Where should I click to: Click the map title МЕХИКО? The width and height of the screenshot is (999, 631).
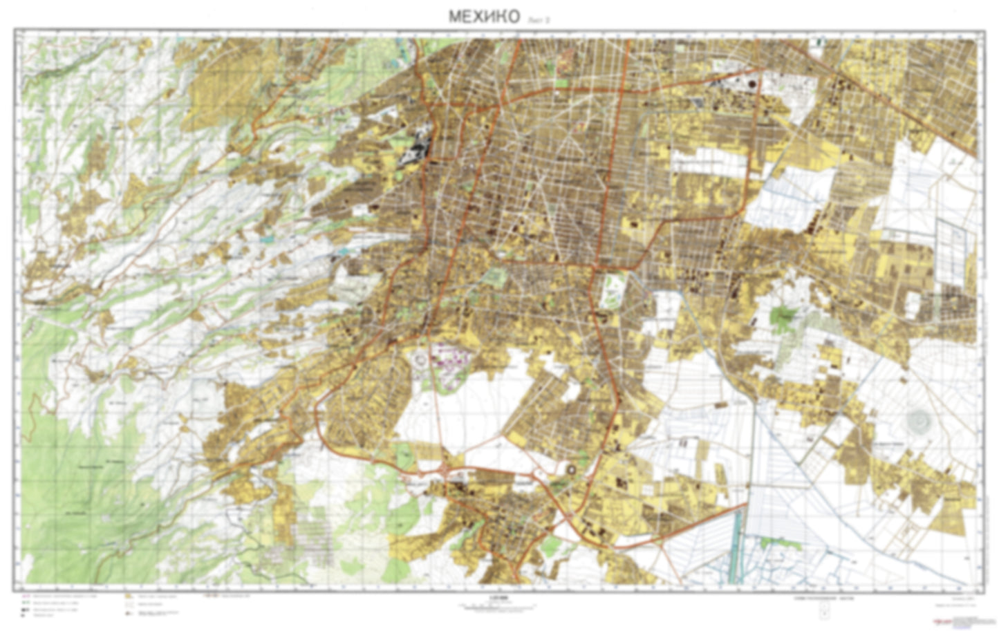[483, 17]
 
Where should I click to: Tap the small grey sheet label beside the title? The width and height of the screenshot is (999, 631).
[538, 20]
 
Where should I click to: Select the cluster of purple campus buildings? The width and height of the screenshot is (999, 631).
[453, 361]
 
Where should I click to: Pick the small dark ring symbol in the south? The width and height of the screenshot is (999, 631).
[571, 470]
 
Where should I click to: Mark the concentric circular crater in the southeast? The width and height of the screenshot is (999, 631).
[919, 417]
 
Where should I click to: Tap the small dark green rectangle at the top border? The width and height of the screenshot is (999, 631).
[819, 41]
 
